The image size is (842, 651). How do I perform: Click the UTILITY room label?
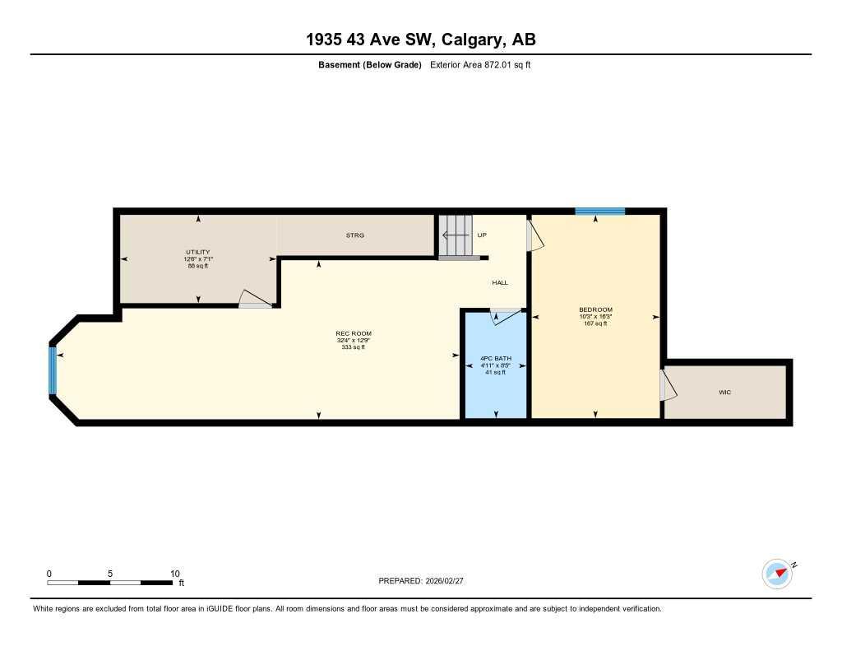coord(197,252)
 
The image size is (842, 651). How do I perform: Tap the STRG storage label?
coord(354,235)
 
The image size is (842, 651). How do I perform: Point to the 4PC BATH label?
coord(496,358)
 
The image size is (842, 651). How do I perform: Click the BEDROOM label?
coord(595,309)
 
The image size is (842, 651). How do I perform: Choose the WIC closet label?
coord(724,393)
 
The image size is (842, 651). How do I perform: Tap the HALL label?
coord(500,282)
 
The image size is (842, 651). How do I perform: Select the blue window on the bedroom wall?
coord(599,212)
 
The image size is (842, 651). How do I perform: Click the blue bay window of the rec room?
coord(53,370)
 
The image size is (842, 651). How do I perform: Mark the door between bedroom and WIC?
coord(668,384)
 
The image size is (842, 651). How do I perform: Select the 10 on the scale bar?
coord(174,574)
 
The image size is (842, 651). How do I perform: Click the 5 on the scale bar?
coord(109,574)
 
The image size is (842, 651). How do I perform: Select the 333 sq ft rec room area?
coord(352,347)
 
